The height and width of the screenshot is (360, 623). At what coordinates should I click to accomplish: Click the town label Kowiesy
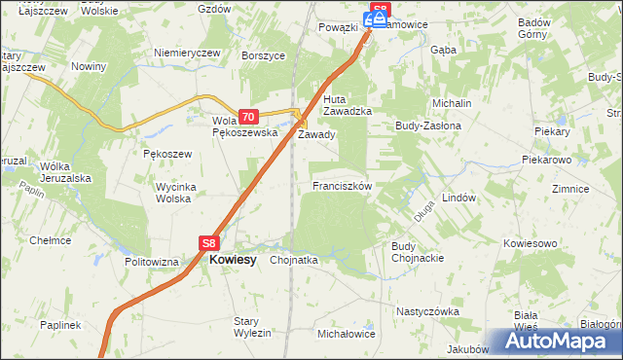click(x=233, y=260)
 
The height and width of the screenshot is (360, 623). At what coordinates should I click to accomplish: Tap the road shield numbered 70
click(x=247, y=115)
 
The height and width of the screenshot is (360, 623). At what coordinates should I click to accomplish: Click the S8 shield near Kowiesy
click(x=209, y=244)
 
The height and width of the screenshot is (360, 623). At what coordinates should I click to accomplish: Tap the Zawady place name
click(x=316, y=135)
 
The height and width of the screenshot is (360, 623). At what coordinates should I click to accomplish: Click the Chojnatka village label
click(x=294, y=261)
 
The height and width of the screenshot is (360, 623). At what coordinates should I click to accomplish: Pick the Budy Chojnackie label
click(x=418, y=252)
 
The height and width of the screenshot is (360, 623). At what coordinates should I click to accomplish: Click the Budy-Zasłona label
click(x=426, y=126)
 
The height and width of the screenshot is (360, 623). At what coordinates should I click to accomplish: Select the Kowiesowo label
click(x=530, y=242)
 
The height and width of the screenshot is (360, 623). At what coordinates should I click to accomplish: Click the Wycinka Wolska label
click(x=177, y=192)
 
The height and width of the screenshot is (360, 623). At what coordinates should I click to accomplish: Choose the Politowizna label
click(x=152, y=263)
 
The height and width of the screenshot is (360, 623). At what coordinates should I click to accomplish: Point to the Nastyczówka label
click(x=427, y=311)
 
